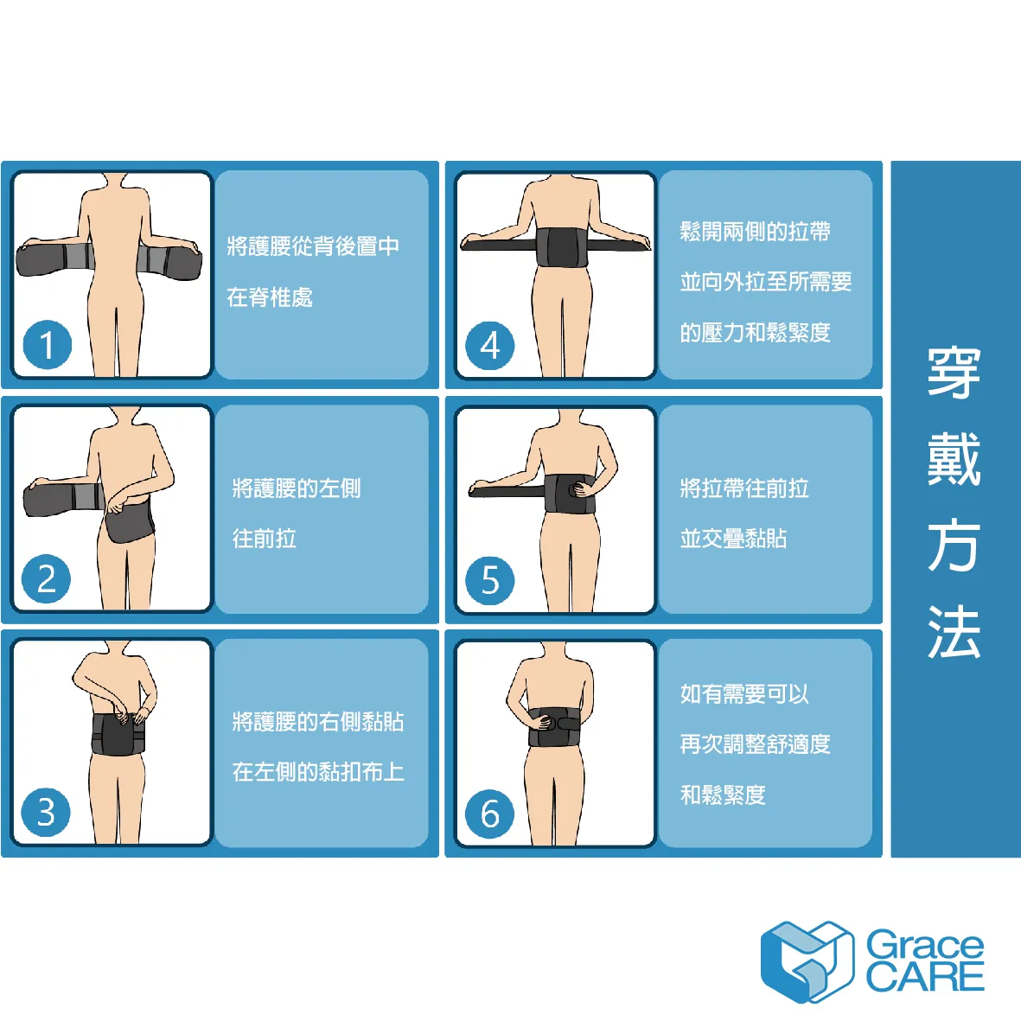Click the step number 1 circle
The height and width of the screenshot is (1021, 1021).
coord(47,344)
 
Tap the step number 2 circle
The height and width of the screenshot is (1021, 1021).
coord(46,579)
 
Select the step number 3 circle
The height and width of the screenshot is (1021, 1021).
coord(46,812)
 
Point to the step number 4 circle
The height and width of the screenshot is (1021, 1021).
coord(490,345)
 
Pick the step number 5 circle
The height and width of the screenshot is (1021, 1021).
coord(490,580)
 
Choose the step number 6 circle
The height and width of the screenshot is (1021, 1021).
coord(490,814)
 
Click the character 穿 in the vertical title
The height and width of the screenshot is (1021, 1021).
coord(954,373)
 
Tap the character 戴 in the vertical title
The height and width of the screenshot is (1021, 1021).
coord(954,459)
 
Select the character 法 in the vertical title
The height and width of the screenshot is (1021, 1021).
coord(954,632)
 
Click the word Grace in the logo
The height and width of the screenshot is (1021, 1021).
coord(925,945)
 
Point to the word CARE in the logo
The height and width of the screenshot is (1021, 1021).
coord(925,977)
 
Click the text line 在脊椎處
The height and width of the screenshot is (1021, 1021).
coord(270,297)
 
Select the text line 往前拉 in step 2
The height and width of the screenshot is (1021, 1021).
coord(265,539)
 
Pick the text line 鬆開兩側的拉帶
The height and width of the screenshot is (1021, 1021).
coord(756,231)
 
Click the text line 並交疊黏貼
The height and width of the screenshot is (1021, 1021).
coord(734,539)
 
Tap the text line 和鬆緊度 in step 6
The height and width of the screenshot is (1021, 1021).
coord(723,794)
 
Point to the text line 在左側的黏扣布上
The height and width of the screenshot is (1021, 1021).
coord(318,772)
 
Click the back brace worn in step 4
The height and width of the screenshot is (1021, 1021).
coord(563,247)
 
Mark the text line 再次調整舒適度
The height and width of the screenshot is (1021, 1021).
coord(756,743)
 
